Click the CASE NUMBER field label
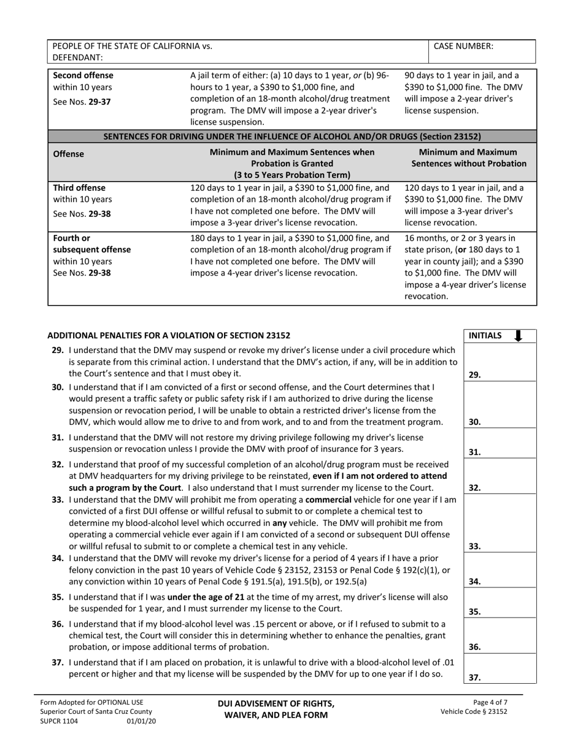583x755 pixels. tap(463, 46)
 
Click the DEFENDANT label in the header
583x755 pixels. tap(78, 57)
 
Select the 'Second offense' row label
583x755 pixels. tap(83, 75)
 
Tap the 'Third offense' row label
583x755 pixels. tap(79, 188)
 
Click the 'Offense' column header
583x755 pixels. tap(69, 154)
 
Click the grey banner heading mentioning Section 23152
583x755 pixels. tap(291, 136)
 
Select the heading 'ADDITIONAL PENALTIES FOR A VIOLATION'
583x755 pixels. tap(169, 336)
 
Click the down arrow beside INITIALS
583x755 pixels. tap(518, 336)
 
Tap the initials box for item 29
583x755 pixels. tap(500, 362)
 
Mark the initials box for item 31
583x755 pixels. tap(500, 443)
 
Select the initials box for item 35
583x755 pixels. tap(500, 603)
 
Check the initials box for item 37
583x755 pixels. tap(500, 668)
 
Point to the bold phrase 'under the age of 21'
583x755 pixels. tap(209, 597)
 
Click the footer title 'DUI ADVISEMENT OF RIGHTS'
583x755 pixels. tap(276, 703)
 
